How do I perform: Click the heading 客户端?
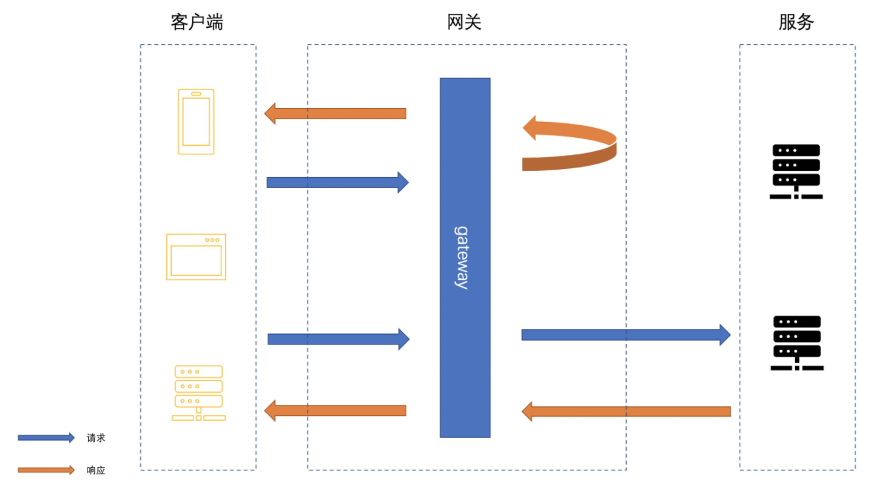197,23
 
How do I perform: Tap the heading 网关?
464,23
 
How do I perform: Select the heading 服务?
796,23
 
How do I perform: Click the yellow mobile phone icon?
196,122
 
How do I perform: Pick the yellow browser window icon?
196,257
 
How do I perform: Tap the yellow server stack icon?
198,393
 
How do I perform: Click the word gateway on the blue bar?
462,257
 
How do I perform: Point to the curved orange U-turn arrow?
570,144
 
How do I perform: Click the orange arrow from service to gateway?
626,411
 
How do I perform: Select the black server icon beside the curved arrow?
796,171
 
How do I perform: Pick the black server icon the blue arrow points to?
797,343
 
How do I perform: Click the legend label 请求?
96,438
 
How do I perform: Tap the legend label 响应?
96,470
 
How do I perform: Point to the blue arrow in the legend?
46,438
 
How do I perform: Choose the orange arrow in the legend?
46,470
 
